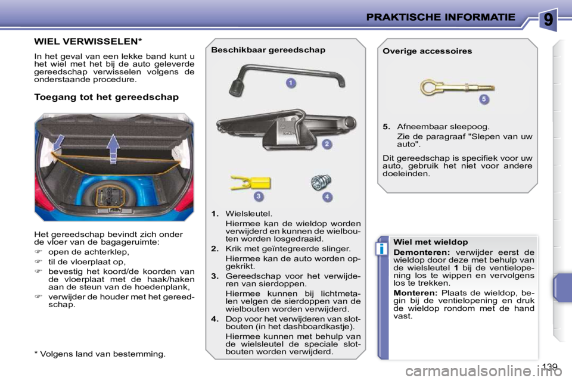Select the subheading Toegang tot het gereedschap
(x=107, y=97)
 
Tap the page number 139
(x=551, y=367)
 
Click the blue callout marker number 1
(x=290, y=83)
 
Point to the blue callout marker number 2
(x=327, y=144)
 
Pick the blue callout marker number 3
(x=259, y=196)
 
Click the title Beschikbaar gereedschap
(x=268, y=50)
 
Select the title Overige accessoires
(x=427, y=51)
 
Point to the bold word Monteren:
(x=415, y=293)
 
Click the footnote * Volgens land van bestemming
(x=100, y=354)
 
